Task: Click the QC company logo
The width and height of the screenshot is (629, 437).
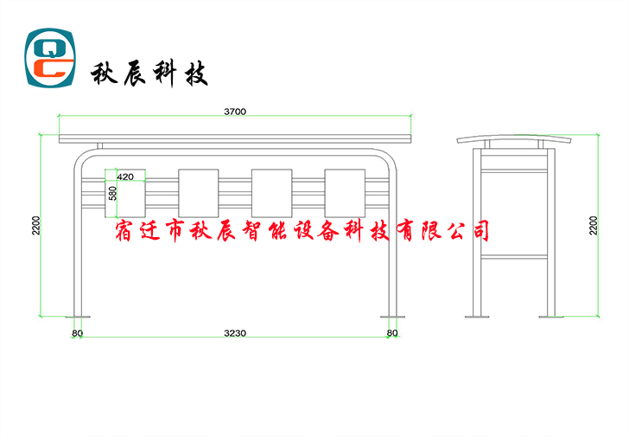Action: point(50,57)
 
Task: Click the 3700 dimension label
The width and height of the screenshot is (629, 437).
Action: point(235,112)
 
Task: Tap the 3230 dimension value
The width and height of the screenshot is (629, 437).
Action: point(235,333)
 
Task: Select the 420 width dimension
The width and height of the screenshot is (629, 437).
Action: point(125,177)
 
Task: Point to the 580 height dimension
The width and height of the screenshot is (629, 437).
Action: point(113,193)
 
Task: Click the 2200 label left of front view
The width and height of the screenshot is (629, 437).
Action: point(36,225)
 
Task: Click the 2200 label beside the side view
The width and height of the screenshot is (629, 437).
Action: point(593,225)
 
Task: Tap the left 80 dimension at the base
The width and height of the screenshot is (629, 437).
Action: point(78,333)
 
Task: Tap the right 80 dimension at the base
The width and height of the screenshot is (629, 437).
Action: point(392,332)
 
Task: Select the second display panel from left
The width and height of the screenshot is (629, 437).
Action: point(199,193)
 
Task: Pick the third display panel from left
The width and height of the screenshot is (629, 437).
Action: point(271,193)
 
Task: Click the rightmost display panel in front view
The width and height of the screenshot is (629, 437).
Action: point(345,193)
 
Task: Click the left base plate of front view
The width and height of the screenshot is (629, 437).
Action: point(78,317)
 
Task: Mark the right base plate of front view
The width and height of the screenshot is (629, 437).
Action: point(393,317)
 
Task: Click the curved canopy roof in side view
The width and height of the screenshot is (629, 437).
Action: point(514,138)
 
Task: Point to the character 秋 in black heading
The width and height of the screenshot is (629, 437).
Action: point(104,74)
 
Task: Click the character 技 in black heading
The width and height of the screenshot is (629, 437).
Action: point(196,74)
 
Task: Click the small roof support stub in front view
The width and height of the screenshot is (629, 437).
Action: point(100,145)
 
